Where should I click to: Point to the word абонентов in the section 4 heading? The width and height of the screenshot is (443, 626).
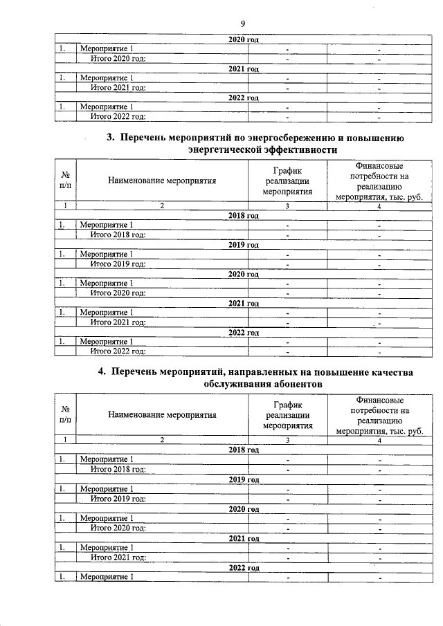pos(289,385)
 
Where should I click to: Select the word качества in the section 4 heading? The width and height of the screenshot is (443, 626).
pos(386,372)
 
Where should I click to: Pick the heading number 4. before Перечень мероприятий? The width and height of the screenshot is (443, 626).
pos(102,372)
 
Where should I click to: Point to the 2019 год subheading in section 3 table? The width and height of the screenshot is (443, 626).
pos(243,245)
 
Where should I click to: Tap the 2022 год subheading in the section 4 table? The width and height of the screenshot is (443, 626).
pos(243,568)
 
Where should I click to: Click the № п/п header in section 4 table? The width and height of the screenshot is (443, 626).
pos(65,415)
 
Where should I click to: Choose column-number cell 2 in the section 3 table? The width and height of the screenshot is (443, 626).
pos(162,205)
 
